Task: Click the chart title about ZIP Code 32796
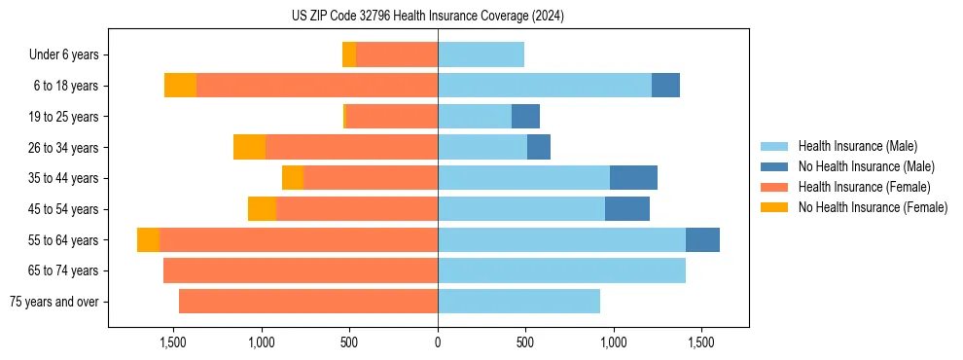tap(428, 17)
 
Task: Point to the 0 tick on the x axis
tap(438, 343)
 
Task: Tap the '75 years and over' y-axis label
tap(54, 302)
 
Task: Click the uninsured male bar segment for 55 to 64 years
tap(702, 239)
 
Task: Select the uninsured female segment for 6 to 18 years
tap(180, 86)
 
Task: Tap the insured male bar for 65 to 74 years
tap(561, 270)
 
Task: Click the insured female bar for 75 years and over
tap(308, 302)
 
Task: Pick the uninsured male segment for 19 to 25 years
tap(525, 117)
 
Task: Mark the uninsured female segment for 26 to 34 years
tap(249, 147)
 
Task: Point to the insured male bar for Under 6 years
tap(481, 54)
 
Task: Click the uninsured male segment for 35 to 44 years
tap(633, 178)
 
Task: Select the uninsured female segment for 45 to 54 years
tap(262, 209)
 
